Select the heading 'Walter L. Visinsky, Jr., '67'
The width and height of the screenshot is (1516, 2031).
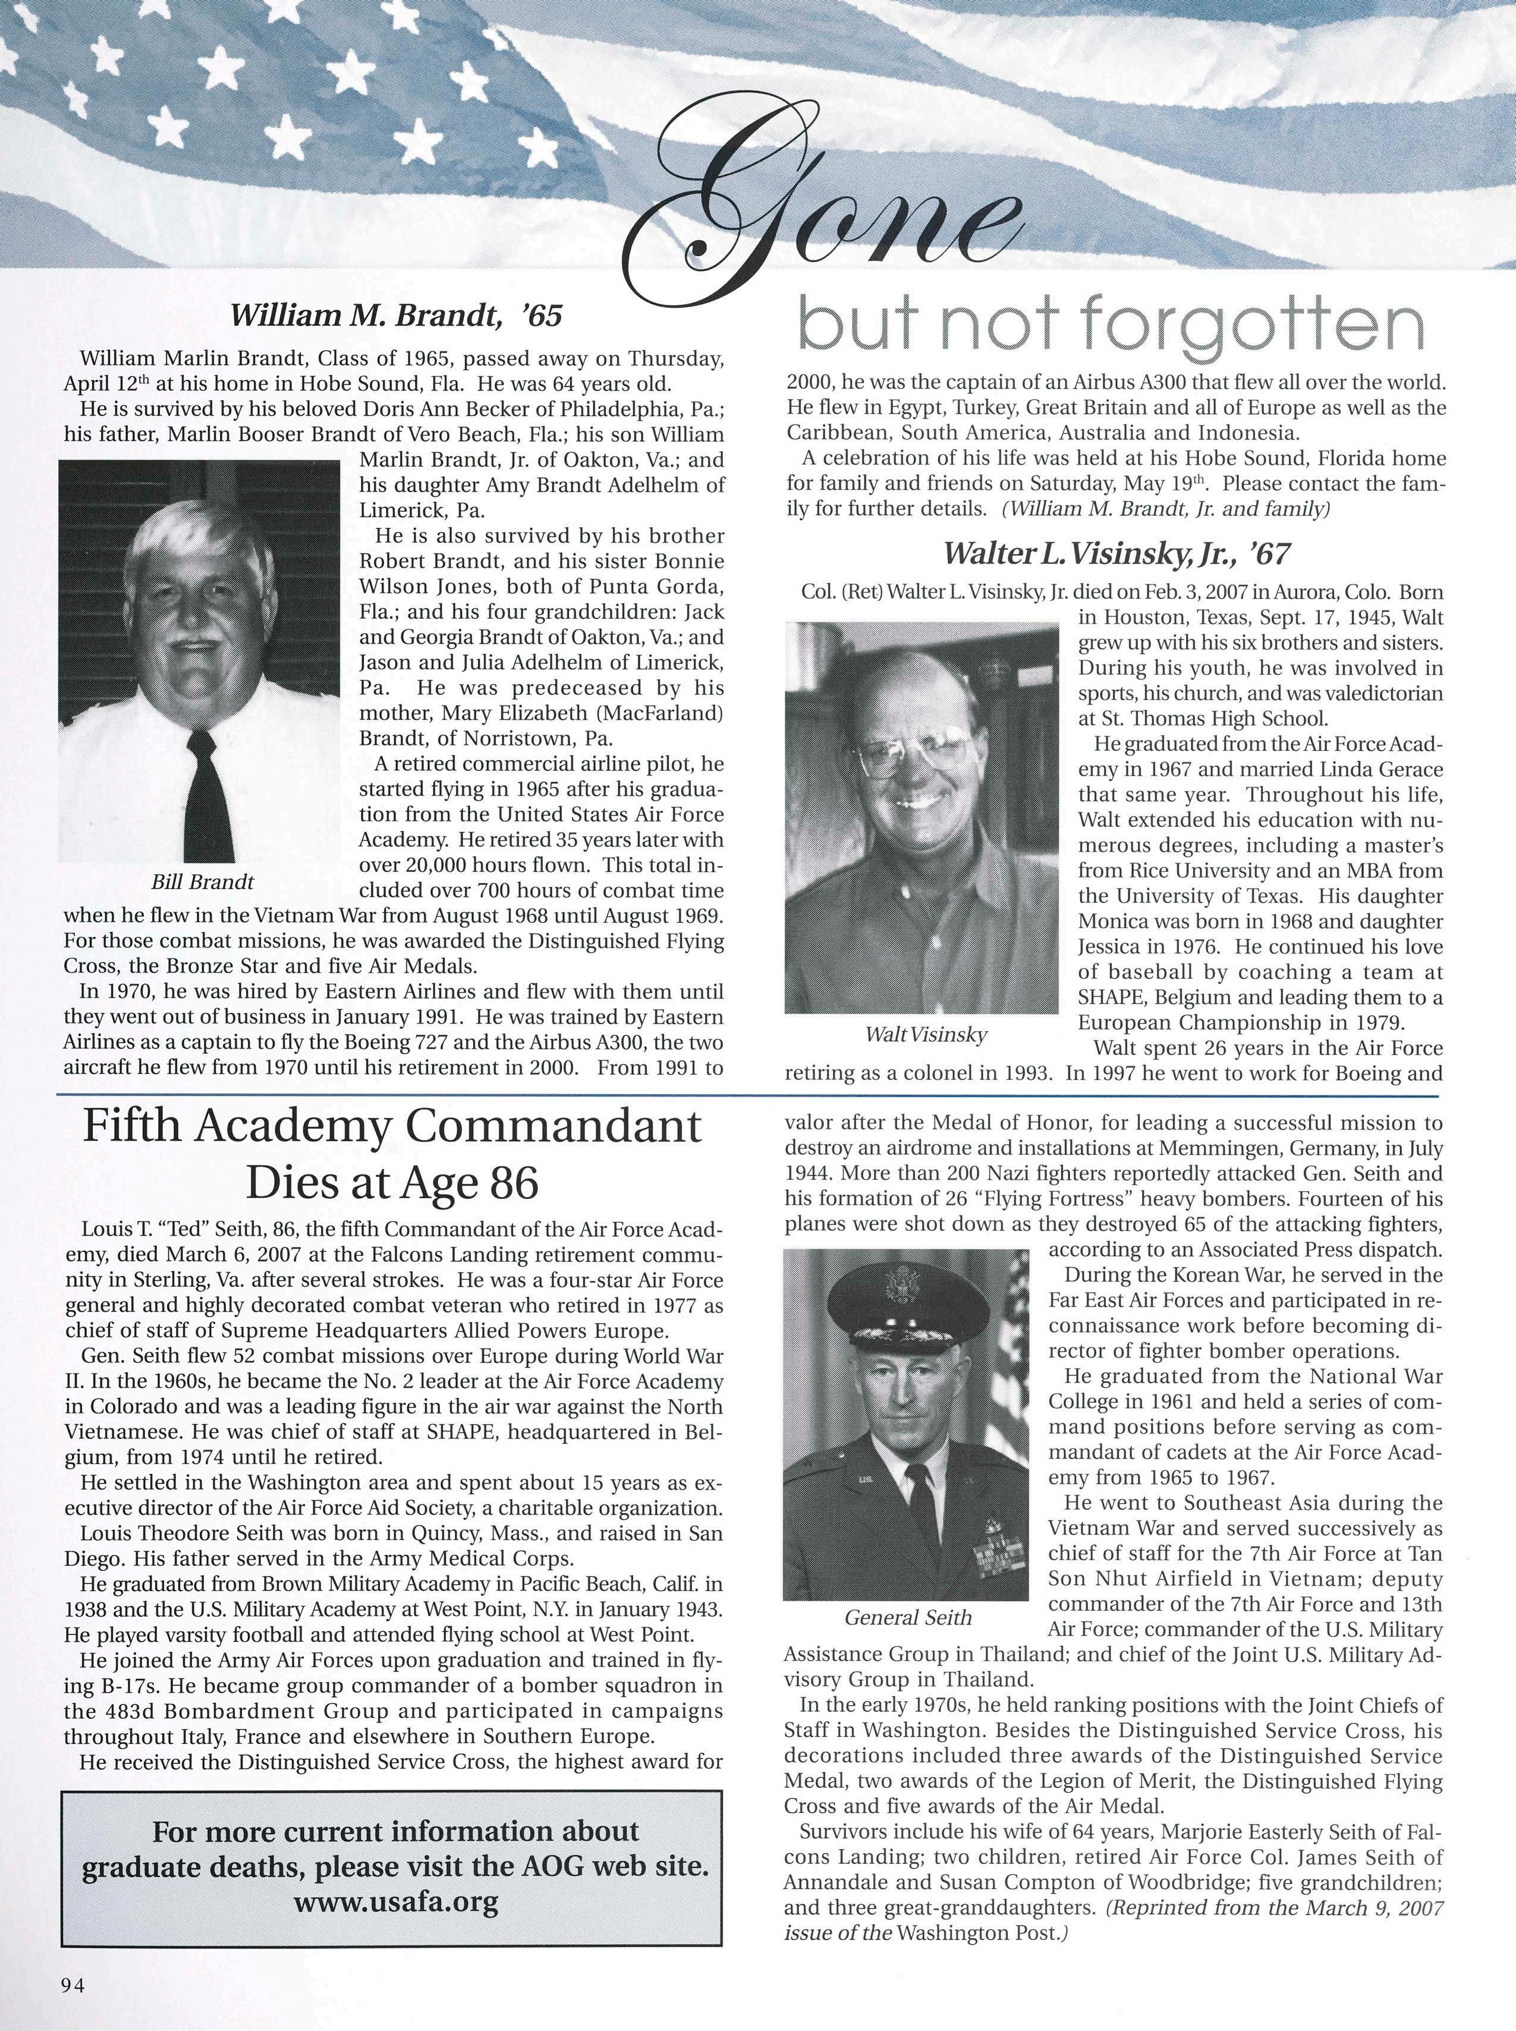(1117, 553)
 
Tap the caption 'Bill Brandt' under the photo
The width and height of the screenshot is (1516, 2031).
(202, 883)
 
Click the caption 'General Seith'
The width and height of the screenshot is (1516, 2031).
(908, 1617)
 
